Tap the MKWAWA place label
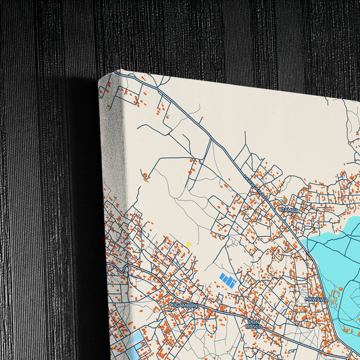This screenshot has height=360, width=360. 315,299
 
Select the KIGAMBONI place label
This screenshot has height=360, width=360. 184,305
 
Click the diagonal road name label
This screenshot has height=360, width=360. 253,184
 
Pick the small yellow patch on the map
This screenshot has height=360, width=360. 189,244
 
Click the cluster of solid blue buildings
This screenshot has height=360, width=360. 228,280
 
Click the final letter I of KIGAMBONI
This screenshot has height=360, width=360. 197,305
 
